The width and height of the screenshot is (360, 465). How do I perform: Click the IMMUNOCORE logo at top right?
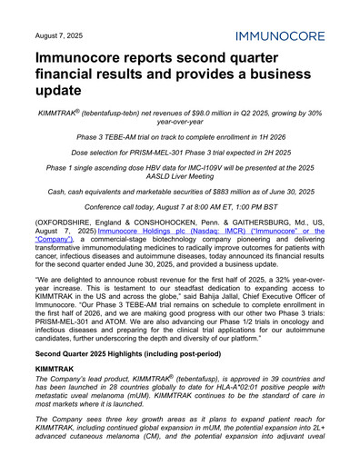pyautogui.click(x=287, y=36)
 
